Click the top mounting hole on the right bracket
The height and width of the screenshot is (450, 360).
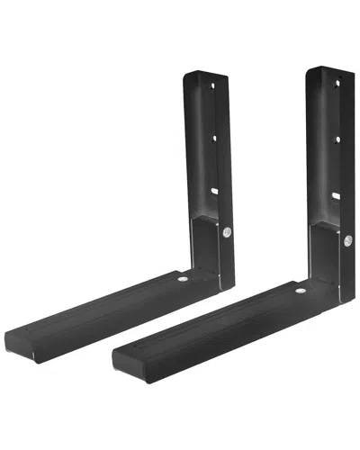(x=337, y=82)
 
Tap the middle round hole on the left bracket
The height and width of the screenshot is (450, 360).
(x=214, y=138)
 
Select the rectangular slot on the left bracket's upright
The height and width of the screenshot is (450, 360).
(x=215, y=189)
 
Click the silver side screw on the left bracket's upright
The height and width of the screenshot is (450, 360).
(x=224, y=233)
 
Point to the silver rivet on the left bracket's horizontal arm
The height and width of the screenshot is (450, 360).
(x=184, y=281)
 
